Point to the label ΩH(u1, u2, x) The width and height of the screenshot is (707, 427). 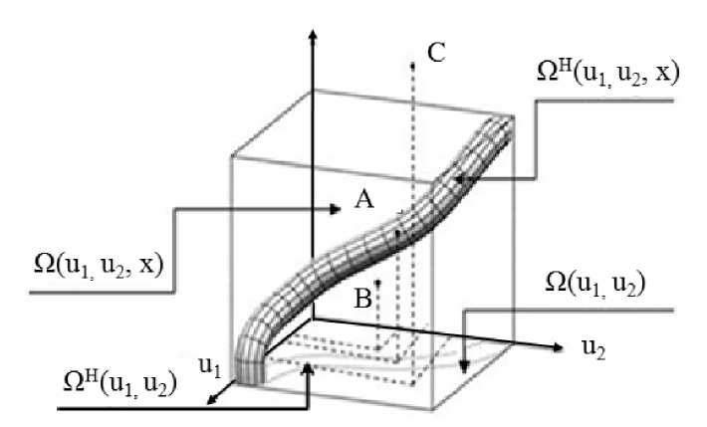606,74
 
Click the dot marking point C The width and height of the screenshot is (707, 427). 411,65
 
